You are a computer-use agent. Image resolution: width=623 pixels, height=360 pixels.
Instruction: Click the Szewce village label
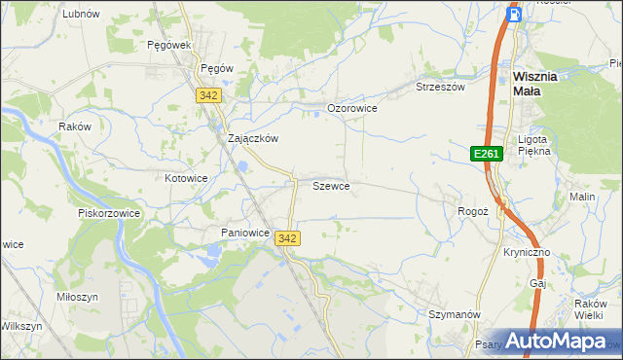331,185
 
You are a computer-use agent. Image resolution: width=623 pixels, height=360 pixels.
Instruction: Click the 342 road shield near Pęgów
207,94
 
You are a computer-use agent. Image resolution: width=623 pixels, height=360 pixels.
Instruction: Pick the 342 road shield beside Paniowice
287,238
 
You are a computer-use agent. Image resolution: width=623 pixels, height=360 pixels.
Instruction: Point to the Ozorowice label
351,108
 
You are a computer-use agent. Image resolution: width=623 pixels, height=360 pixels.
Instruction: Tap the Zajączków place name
253,138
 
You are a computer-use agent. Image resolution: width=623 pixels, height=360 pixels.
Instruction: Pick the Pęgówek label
167,45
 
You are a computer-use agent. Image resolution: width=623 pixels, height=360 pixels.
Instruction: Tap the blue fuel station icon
516,14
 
